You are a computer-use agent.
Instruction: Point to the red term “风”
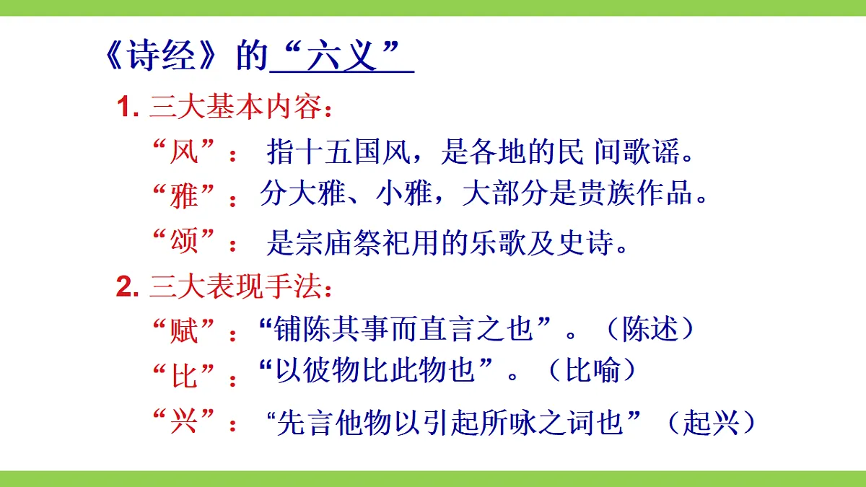pos(185,153)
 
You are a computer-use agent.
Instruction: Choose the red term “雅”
pos(185,196)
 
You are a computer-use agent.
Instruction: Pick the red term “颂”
pos(185,242)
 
